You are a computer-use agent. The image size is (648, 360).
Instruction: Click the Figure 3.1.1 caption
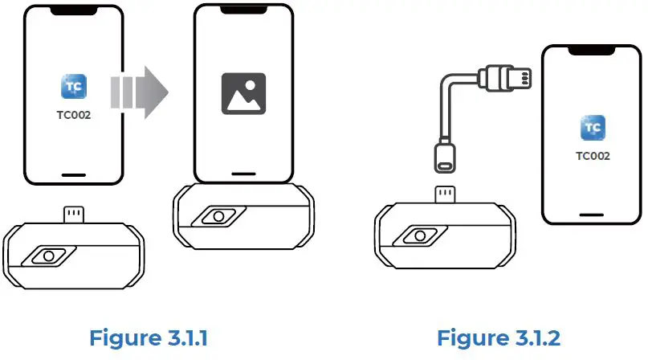coord(150,337)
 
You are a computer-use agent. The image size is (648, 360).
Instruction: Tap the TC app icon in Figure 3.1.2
coord(593,128)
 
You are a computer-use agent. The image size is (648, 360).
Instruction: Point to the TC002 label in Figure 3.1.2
coord(593,155)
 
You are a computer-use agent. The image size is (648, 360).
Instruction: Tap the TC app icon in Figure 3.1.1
coord(74,87)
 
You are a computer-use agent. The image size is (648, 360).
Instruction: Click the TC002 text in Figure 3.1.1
coord(74,115)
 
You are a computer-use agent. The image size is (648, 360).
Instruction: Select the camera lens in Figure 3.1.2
coord(418,236)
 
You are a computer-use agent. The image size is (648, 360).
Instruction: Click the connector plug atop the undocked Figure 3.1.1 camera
coord(74,215)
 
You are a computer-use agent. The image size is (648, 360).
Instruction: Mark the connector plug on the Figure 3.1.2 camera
coord(443,194)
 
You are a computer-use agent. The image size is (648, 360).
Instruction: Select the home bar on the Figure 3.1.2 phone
coord(593,213)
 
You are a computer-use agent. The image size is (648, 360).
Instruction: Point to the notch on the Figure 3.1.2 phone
coord(593,51)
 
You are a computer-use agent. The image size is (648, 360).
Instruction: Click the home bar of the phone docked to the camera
coord(242,174)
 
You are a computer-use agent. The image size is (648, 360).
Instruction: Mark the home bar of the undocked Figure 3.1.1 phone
coord(74,174)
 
